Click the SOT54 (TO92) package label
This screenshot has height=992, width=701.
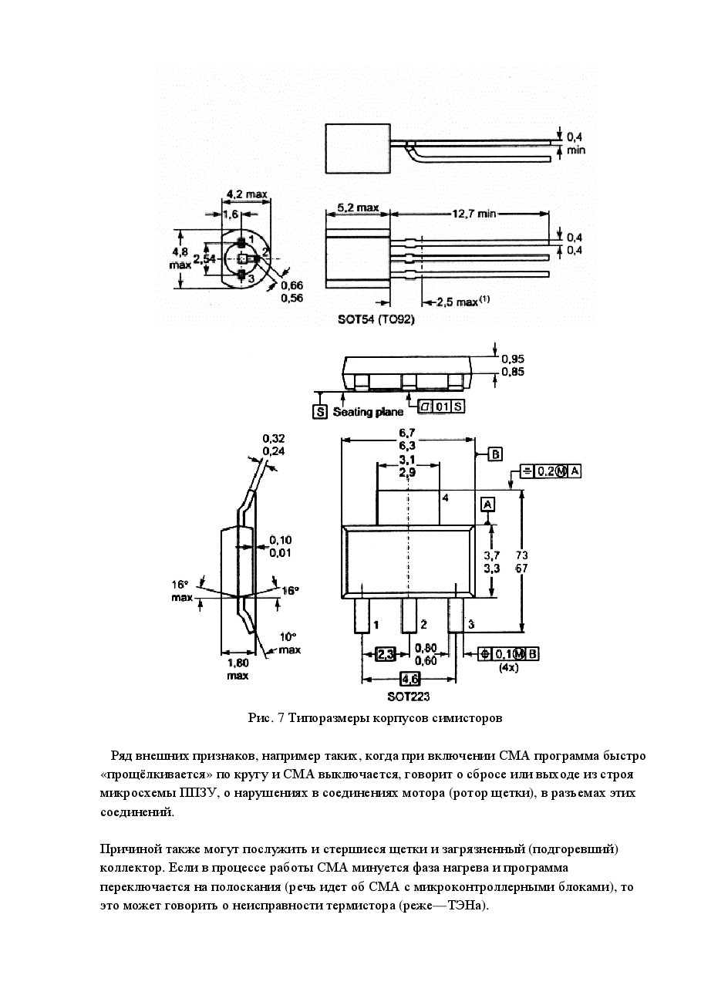click(x=376, y=319)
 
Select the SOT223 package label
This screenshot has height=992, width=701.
click(x=408, y=697)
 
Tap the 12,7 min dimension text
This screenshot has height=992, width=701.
click(x=474, y=214)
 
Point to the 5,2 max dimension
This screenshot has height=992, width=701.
click(x=358, y=208)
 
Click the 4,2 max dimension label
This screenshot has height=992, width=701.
click(x=247, y=194)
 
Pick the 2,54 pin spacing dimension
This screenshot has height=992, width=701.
click(x=204, y=258)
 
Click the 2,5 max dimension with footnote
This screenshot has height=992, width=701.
click(x=463, y=302)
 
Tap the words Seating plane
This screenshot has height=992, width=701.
click(x=368, y=412)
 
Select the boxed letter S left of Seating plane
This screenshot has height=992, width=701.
click(x=320, y=412)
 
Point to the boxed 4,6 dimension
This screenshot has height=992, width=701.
click(x=410, y=679)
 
